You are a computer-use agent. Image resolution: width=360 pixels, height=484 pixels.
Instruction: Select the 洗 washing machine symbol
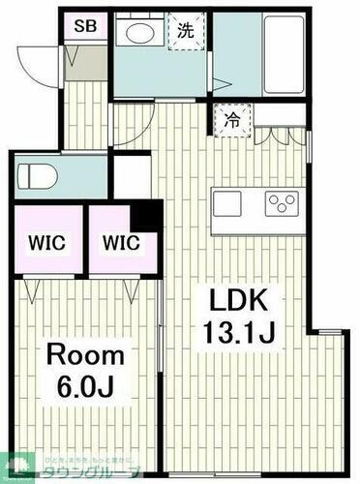185,29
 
